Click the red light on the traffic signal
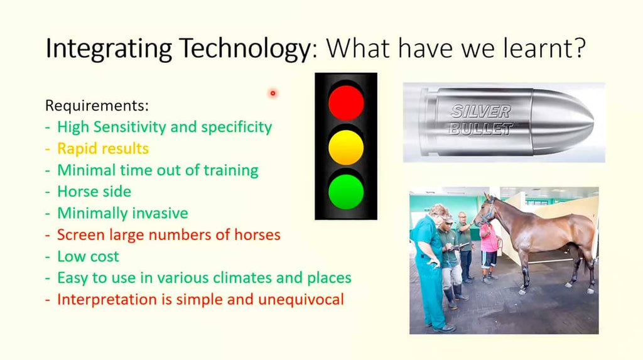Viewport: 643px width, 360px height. [346, 102]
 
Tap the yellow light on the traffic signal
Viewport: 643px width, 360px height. [346, 148]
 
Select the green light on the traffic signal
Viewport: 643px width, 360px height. [346, 192]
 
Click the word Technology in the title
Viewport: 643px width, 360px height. [246, 49]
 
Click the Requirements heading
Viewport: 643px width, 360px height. [97, 106]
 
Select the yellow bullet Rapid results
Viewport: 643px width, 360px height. [103, 149]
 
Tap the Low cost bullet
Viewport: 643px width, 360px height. [88, 256]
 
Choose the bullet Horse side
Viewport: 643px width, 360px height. [94, 191]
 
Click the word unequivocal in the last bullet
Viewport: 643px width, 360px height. [301, 300]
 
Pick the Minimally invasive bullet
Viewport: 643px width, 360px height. [122, 213]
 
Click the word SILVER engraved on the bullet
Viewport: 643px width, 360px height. [481, 111]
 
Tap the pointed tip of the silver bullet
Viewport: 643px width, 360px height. [593, 122]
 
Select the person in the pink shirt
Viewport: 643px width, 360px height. [489, 251]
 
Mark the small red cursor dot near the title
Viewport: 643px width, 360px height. [273, 93]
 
